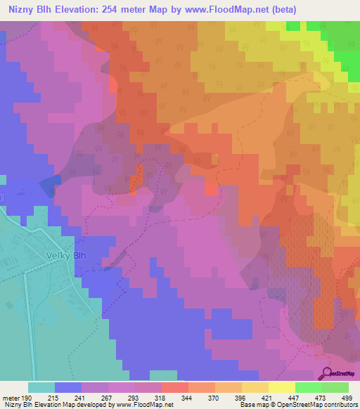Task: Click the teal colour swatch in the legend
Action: pyautogui.click(x=41, y=387)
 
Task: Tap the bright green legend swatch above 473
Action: pyautogui.click(x=308, y=387)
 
